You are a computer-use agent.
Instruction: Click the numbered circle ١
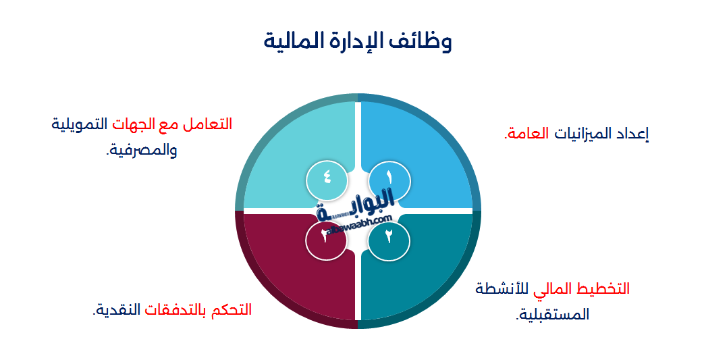point(389,178)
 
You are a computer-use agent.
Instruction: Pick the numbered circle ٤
point(327,178)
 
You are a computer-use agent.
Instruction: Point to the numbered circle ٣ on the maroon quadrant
point(326,238)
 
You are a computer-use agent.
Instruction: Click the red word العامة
point(526,134)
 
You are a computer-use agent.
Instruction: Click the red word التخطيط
point(601,289)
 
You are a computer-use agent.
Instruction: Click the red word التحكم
point(231,310)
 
